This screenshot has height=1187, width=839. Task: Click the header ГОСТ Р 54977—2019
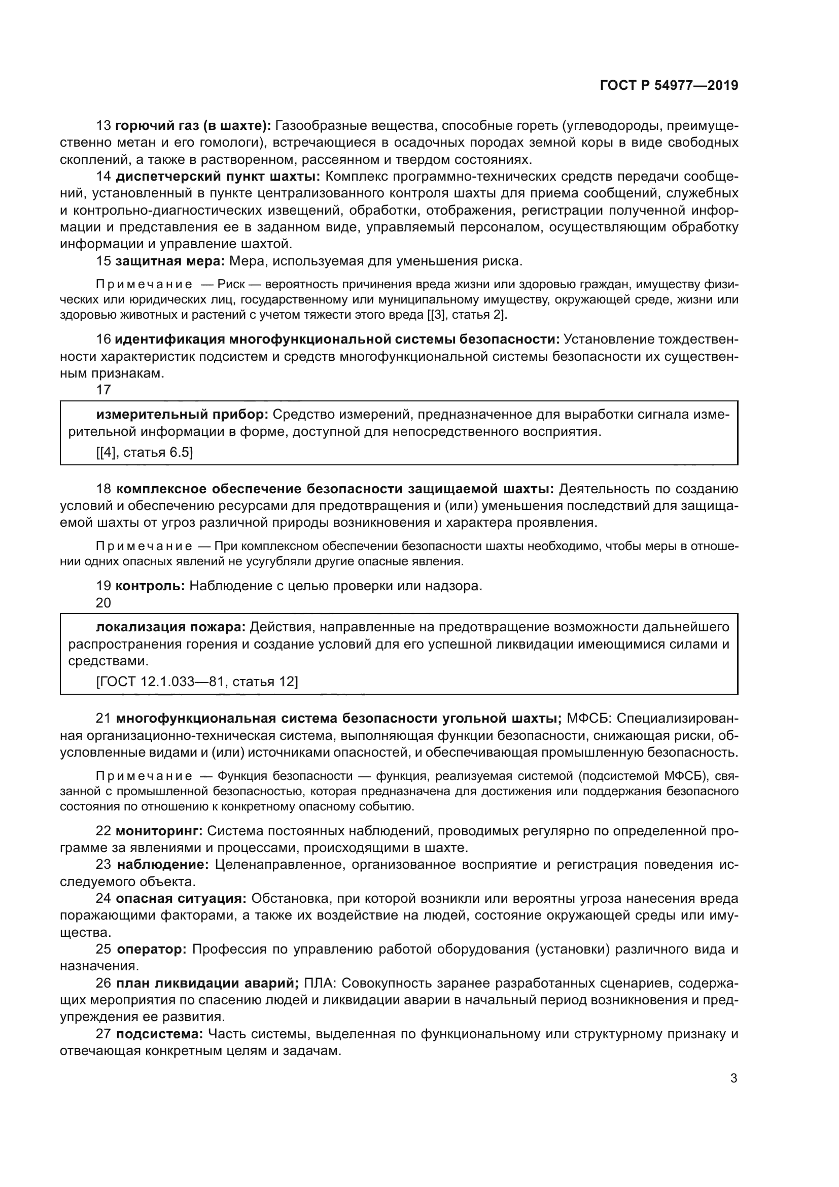[x=669, y=85]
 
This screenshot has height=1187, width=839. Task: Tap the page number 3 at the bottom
[x=733, y=1078]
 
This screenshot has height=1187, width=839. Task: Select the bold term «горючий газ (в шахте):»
[x=193, y=126]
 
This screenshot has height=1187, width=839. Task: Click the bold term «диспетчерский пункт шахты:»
[x=218, y=176]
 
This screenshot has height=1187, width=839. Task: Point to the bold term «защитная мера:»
[x=170, y=261]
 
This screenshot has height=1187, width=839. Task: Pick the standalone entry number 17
[x=103, y=390]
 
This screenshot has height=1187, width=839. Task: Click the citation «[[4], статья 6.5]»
[x=145, y=452]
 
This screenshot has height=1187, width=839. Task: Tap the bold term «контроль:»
[x=150, y=586]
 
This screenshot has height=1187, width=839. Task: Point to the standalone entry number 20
[x=103, y=603]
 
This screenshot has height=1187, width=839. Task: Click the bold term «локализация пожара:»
[x=171, y=627]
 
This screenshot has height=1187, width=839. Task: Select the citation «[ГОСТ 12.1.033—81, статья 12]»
[x=197, y=682]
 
